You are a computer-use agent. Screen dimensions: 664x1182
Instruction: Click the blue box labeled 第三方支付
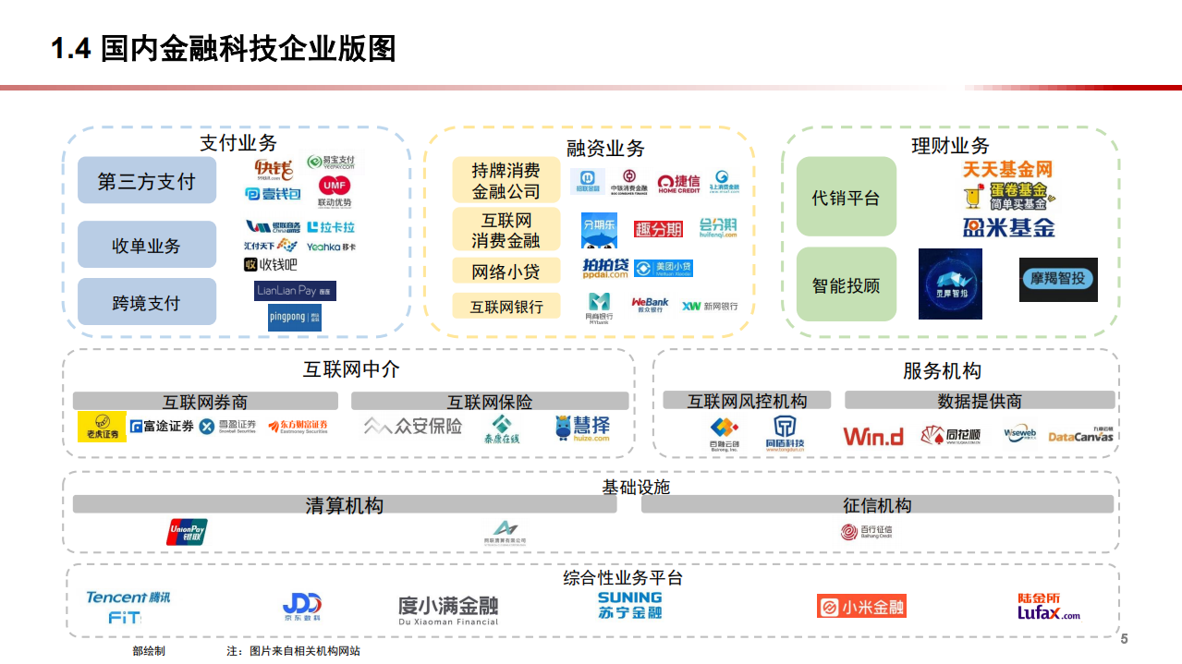click(147, 180)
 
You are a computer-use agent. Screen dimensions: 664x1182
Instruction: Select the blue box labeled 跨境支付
click(147, 302)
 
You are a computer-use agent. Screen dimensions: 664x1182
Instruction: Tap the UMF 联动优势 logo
click(335, 191)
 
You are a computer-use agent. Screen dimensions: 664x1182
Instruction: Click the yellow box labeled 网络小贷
click(506, 272)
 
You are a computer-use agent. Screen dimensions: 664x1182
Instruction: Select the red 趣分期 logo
click(658, 229)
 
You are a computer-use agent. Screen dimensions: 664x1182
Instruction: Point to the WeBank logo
click(650, 306)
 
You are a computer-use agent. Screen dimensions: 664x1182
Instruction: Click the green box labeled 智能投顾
click(846, 285)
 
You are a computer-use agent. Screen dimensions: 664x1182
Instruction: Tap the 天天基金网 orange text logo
click(1007, 170)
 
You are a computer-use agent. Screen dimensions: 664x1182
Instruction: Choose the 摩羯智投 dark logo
click(1058, 280)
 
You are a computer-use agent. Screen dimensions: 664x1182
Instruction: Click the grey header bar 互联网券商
click(205, 402)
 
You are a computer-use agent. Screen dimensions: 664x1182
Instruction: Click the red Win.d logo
click(872, 436)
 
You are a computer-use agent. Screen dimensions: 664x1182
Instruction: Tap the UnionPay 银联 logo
click(187, 533)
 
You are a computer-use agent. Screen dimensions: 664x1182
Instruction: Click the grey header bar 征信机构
click(876, 504)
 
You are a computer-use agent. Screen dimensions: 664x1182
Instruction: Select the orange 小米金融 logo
click(860, 607)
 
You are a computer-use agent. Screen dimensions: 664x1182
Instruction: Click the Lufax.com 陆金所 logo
click(1048, 607)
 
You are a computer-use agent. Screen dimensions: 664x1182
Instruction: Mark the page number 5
click(1124, 639)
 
